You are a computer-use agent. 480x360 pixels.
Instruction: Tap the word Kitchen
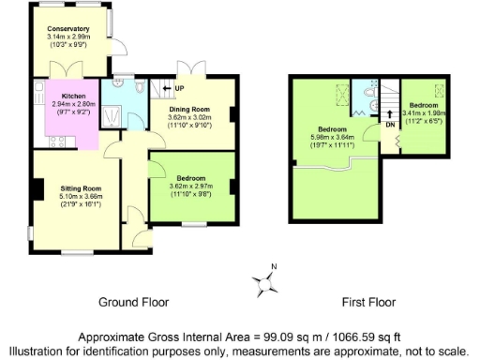click(x=74, y=97)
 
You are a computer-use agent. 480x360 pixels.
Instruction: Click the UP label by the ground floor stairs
click(x=179, y=89)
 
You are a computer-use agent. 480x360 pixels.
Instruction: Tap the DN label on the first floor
click(x=389, y=124)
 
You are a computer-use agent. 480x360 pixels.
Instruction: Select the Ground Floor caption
click(x=133, y=303)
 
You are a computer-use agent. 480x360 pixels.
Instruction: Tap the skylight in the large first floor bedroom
click(x=341, y=94)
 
